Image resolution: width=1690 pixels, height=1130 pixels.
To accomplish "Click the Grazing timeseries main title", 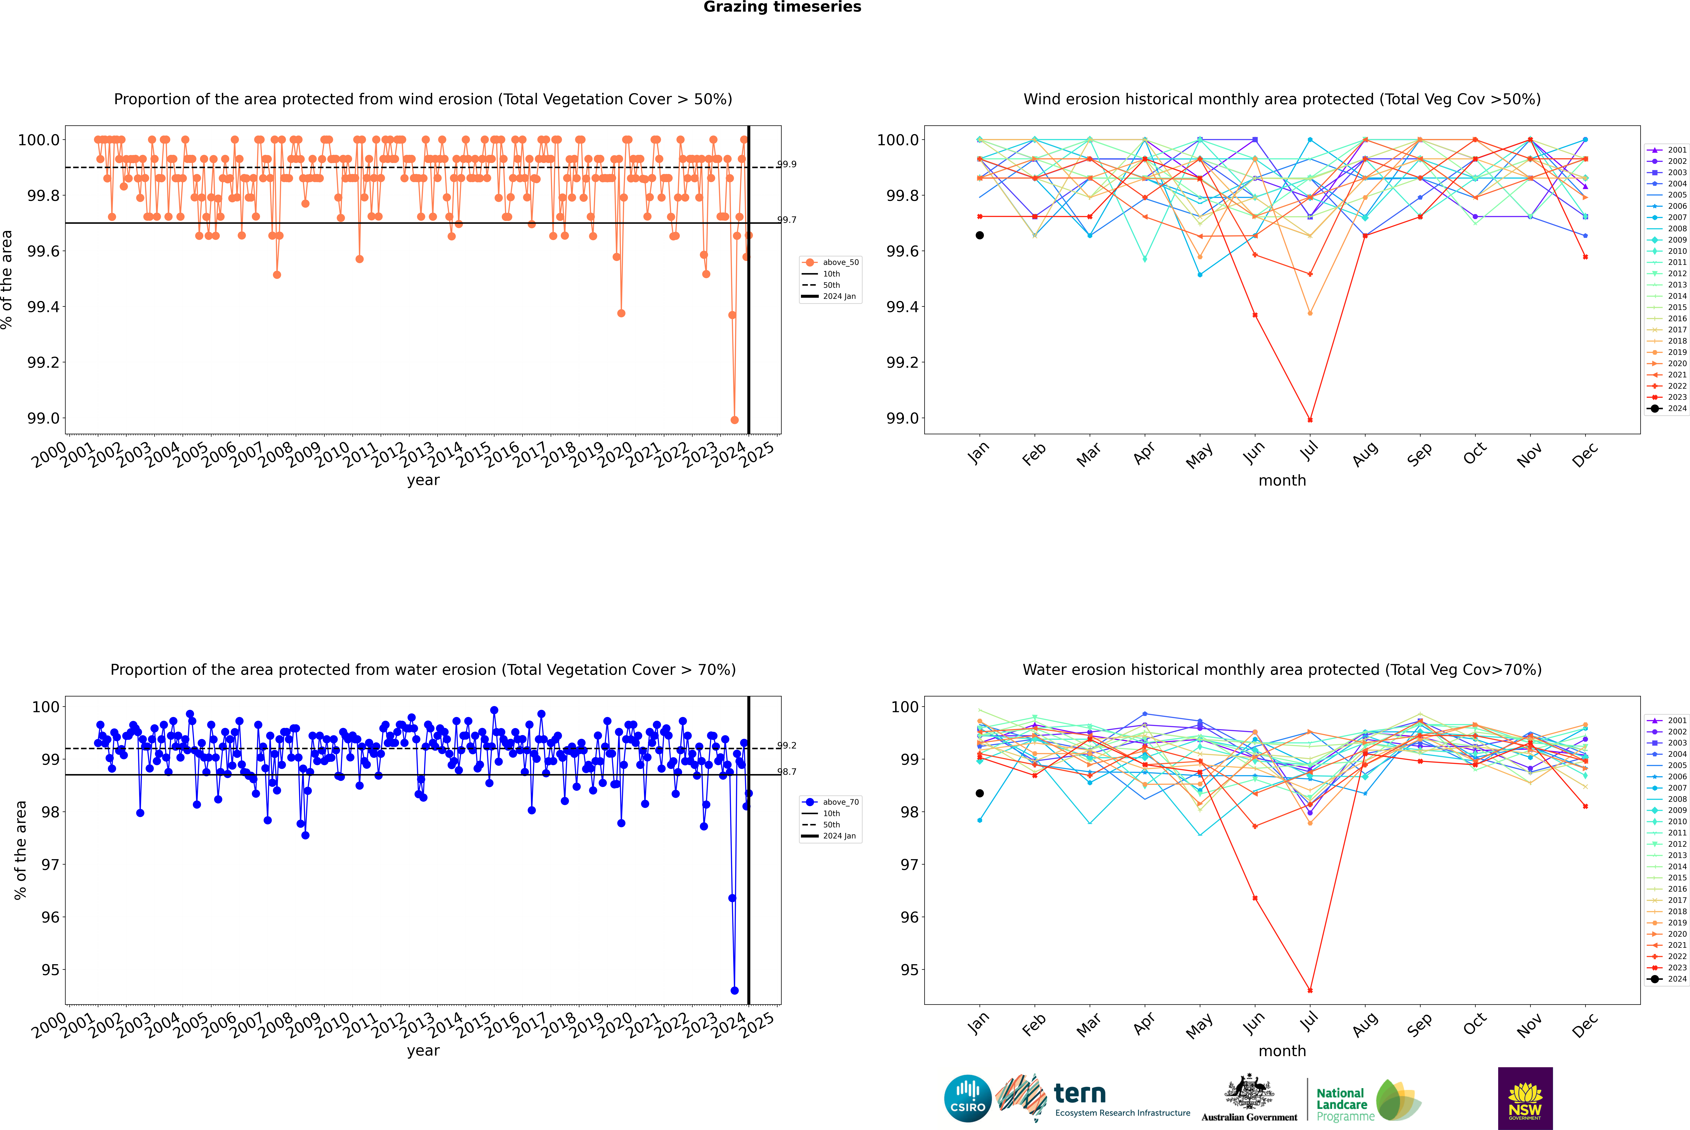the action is [782, 7].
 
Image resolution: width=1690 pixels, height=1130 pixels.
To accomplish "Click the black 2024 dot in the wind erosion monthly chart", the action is [980, 235].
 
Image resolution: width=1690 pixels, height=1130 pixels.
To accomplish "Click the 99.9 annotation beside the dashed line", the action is [787, 164].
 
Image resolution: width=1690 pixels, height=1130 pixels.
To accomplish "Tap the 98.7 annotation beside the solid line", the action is [787, 772].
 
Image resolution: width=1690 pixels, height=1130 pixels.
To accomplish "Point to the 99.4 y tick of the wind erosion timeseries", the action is [43, 307].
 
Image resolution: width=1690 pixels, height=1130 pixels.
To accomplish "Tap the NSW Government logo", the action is [1525, 1098].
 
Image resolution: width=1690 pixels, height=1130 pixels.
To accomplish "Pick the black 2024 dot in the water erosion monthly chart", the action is [980, 793].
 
